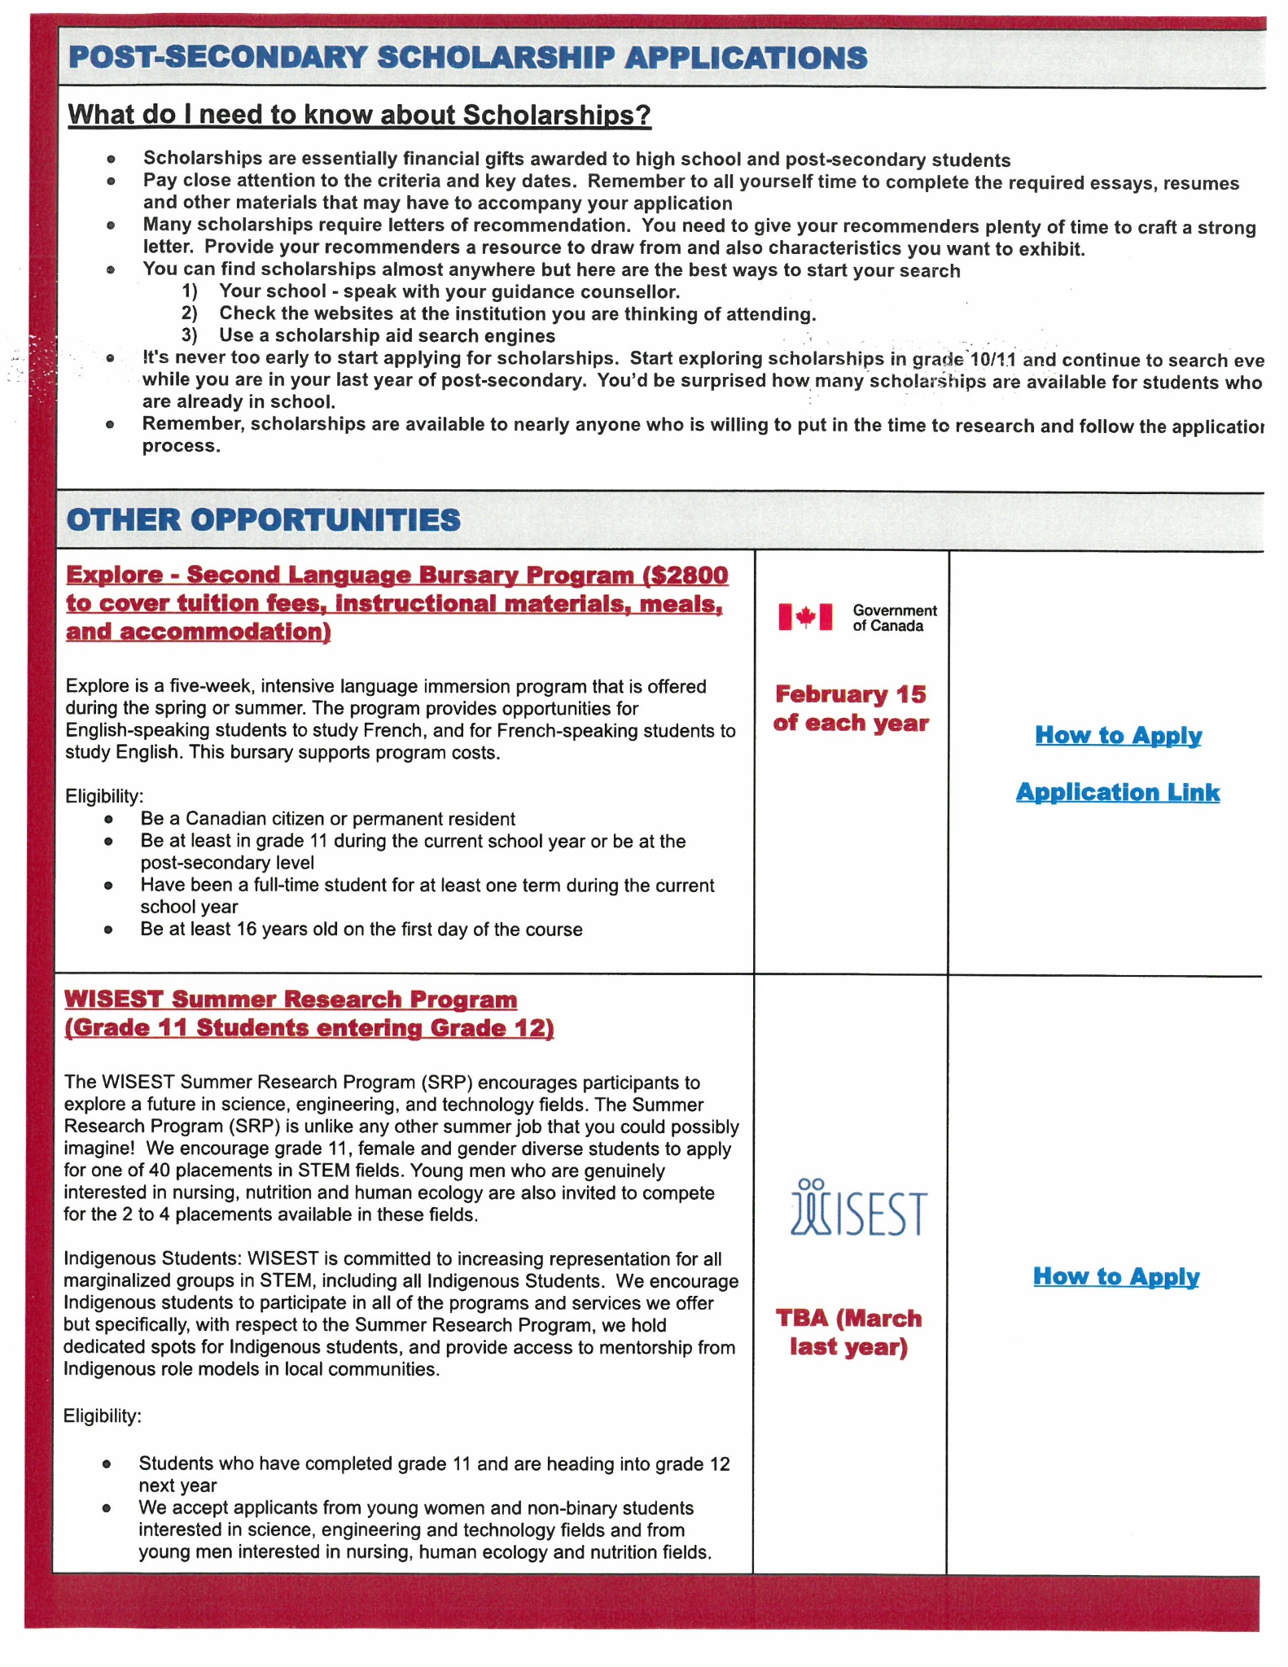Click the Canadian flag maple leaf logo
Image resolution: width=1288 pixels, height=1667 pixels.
click(805, 617)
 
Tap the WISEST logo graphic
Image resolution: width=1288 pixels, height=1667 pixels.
click(858, 1209)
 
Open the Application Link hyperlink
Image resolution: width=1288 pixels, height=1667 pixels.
click(1118, 792)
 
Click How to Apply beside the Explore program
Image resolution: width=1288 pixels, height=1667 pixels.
click(1118, 735)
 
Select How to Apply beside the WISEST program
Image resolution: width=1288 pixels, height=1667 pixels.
click(1116, 1276)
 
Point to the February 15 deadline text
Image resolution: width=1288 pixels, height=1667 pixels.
click(851, 694)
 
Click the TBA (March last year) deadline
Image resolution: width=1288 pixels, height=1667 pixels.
click(849, 1332)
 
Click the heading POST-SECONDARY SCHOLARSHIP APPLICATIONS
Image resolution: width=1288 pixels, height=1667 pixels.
click(468, 58)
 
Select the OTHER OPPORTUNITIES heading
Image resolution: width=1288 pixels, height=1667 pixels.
click(264, 520)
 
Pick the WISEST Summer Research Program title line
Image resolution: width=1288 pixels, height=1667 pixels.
click(291, 1000)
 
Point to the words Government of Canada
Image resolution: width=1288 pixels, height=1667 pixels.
click(894, 618)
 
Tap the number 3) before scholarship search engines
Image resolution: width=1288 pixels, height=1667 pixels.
click(190, 336)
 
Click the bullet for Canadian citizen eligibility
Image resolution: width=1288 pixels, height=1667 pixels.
click(108, 820)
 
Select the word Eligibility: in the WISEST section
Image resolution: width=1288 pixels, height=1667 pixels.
click(103, 1416)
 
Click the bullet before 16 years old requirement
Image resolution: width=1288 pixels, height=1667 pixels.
click(108, 930)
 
